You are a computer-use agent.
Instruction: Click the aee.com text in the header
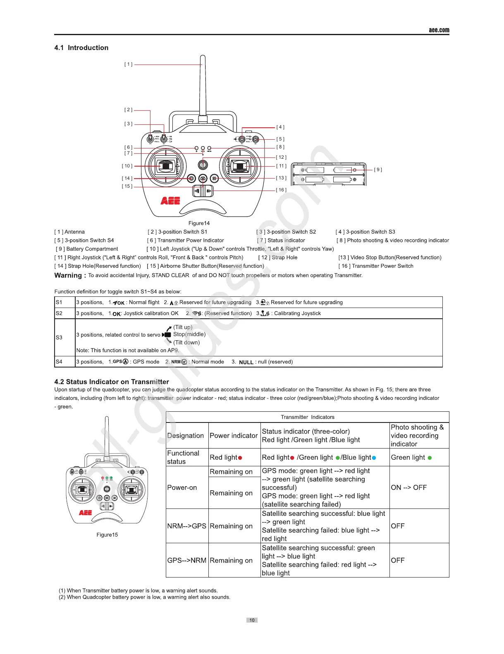point(439,30)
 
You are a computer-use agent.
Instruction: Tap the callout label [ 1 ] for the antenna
point(129,64)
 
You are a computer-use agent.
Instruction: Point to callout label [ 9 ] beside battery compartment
point(378,169)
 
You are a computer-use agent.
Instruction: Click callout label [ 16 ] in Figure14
point(281,190)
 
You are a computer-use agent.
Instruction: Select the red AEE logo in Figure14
point(170,201)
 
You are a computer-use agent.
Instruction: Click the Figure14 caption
point(199,223)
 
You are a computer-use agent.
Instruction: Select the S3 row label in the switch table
point(59,337)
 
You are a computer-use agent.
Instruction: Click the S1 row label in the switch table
point(59,302)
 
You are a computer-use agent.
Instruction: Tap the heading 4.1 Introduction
point(81,48)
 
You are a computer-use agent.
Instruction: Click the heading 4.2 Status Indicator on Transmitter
point(112,382)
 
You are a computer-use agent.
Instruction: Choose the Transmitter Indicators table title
point(307,417)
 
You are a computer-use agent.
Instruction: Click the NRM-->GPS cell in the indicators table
point(186,526)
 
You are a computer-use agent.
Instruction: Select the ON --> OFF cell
point(408,487)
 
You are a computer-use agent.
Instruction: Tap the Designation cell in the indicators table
point(186,435)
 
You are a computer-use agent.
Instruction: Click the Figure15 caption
point(107,535)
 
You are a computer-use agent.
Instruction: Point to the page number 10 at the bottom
point(252,620)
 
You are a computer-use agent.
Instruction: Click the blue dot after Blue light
point(374,458)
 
